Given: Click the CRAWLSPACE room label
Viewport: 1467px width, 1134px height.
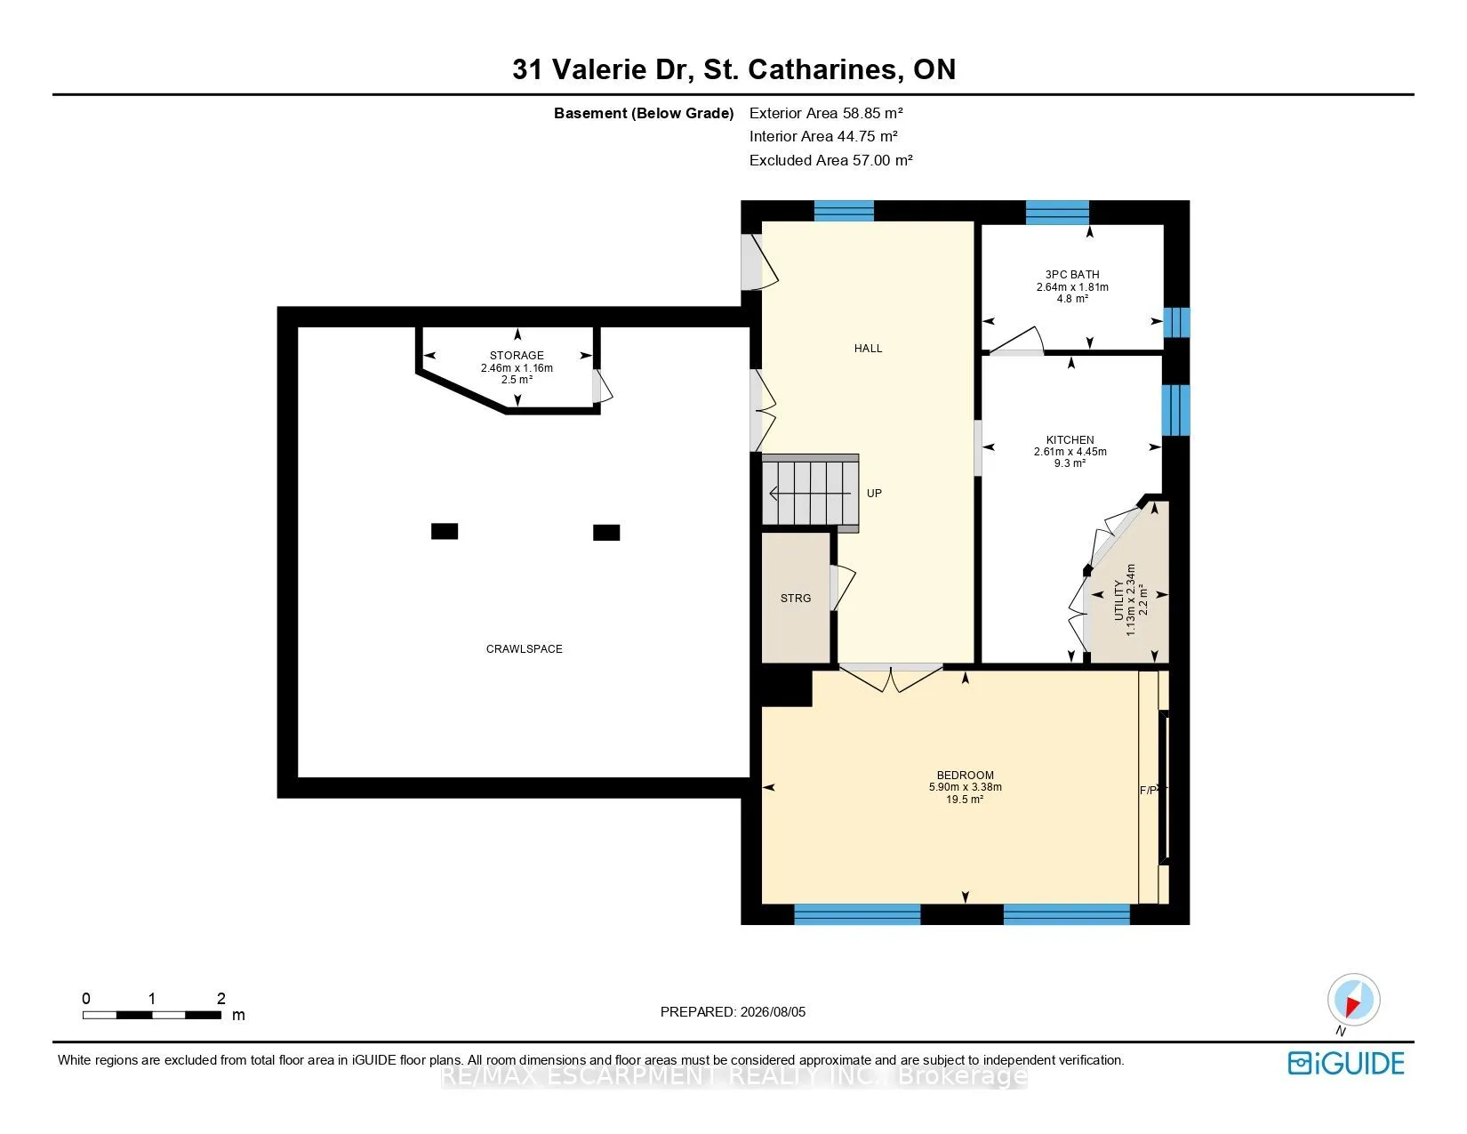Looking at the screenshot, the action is (524, 649).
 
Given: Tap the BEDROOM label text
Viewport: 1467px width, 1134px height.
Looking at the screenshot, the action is (965, 776).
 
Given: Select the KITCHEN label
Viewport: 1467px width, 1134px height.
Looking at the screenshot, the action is (1070, 439).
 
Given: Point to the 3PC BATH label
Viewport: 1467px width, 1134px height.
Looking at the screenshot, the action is (1072, 274).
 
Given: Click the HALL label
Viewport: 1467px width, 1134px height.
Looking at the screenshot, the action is (868, 349).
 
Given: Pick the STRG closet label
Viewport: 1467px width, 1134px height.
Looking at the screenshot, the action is (795, 599).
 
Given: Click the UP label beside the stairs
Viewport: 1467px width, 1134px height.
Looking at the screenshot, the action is (874, 494).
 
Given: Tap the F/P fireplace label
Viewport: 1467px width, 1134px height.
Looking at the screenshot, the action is (1148, 790).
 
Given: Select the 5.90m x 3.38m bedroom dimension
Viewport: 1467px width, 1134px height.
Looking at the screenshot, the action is (965, 787).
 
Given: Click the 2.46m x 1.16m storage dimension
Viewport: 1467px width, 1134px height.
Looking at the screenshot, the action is (517, 368).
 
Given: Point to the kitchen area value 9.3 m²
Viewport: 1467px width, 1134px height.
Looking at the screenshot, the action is (1070, 463).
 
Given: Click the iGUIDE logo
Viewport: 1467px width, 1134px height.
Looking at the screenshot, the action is (1345, 1063).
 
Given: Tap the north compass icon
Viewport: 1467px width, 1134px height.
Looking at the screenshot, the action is (1353, 1000).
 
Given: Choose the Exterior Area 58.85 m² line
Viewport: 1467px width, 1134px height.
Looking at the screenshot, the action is (826, 113).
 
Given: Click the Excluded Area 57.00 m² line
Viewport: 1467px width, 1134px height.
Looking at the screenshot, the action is (830, 160).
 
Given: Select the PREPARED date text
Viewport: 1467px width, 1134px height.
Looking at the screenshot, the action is (733, 1012).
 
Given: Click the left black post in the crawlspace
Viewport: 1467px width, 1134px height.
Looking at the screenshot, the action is (445, 532).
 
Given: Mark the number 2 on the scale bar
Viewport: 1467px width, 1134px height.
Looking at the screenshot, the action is (220, 998).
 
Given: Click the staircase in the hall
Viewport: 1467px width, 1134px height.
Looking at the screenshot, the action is (810, 493).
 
